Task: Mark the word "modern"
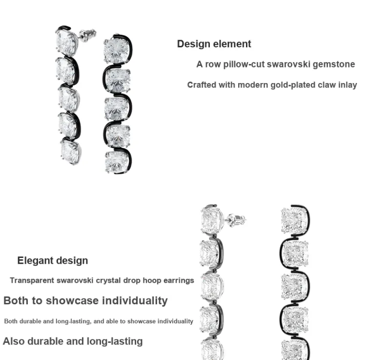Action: [x=253, y=85]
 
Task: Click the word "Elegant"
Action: [x=34, y=261]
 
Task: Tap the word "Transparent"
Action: [x=32, y=280]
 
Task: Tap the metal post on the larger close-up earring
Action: [x=236, y=220]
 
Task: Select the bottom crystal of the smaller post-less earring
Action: [x=117, y=162]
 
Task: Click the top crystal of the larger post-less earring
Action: [x=294, y=220]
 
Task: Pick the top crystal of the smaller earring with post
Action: [x=66, y=42]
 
